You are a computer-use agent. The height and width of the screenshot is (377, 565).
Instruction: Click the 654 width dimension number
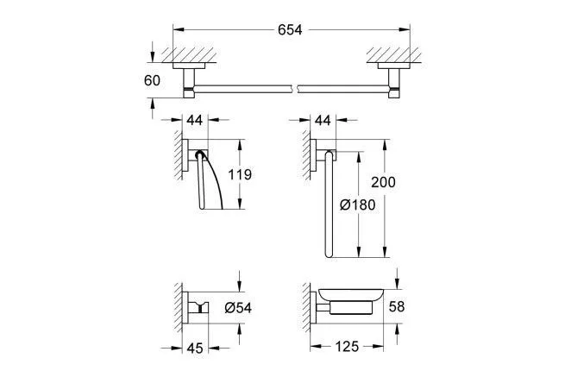(290, 30)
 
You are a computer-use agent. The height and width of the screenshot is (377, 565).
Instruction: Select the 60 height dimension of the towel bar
(152, 80)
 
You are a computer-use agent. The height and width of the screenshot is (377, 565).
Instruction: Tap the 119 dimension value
(240, 174)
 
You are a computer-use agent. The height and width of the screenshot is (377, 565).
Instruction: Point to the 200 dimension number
(383, 182)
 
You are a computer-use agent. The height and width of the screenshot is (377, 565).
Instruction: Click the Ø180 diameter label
(358, 205)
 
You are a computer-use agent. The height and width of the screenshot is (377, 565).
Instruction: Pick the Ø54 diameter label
(238, 308)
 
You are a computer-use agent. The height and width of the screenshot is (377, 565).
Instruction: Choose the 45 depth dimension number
(195, 349)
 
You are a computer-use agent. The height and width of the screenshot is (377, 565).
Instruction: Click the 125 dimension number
(347, 347)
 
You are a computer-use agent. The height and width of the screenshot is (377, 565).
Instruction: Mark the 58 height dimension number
(397, 307)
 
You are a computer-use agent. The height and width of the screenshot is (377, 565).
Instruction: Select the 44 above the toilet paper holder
(195, 120)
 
